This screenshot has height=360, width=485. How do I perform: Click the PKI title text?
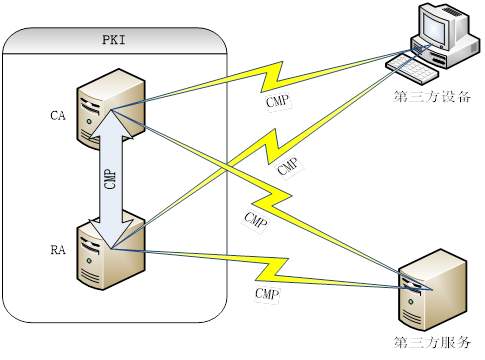[x=114, y=40]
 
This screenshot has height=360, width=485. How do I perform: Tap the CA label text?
[x=58, y=116]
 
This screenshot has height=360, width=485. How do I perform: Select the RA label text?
[x=58, y=250]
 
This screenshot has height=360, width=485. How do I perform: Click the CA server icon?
[x=111, y=109]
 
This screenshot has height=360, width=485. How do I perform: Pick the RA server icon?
[x=111, y=253]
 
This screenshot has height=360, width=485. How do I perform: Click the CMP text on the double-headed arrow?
[x=110, y=179]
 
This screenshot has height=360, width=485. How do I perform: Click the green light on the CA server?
[x=89, y=122]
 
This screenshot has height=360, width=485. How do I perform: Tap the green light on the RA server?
[x=89, y=261]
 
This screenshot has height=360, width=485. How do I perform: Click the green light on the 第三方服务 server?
[x=410, y=302]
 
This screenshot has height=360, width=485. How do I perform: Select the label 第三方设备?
[x=432, y=97]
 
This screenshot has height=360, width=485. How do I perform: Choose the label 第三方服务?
[x=432, y=342]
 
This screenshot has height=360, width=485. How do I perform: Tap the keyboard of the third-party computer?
[x=411, y=69]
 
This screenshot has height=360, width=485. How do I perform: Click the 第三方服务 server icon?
[x=432, y=290]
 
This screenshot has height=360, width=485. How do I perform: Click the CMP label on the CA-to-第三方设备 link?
[x=278, y=100]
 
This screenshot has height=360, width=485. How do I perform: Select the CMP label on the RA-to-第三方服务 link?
[x=267, y=293]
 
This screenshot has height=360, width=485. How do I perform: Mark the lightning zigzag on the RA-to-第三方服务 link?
[x=272, y=269]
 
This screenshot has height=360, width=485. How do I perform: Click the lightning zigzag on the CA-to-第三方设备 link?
[x=272, y=77]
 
